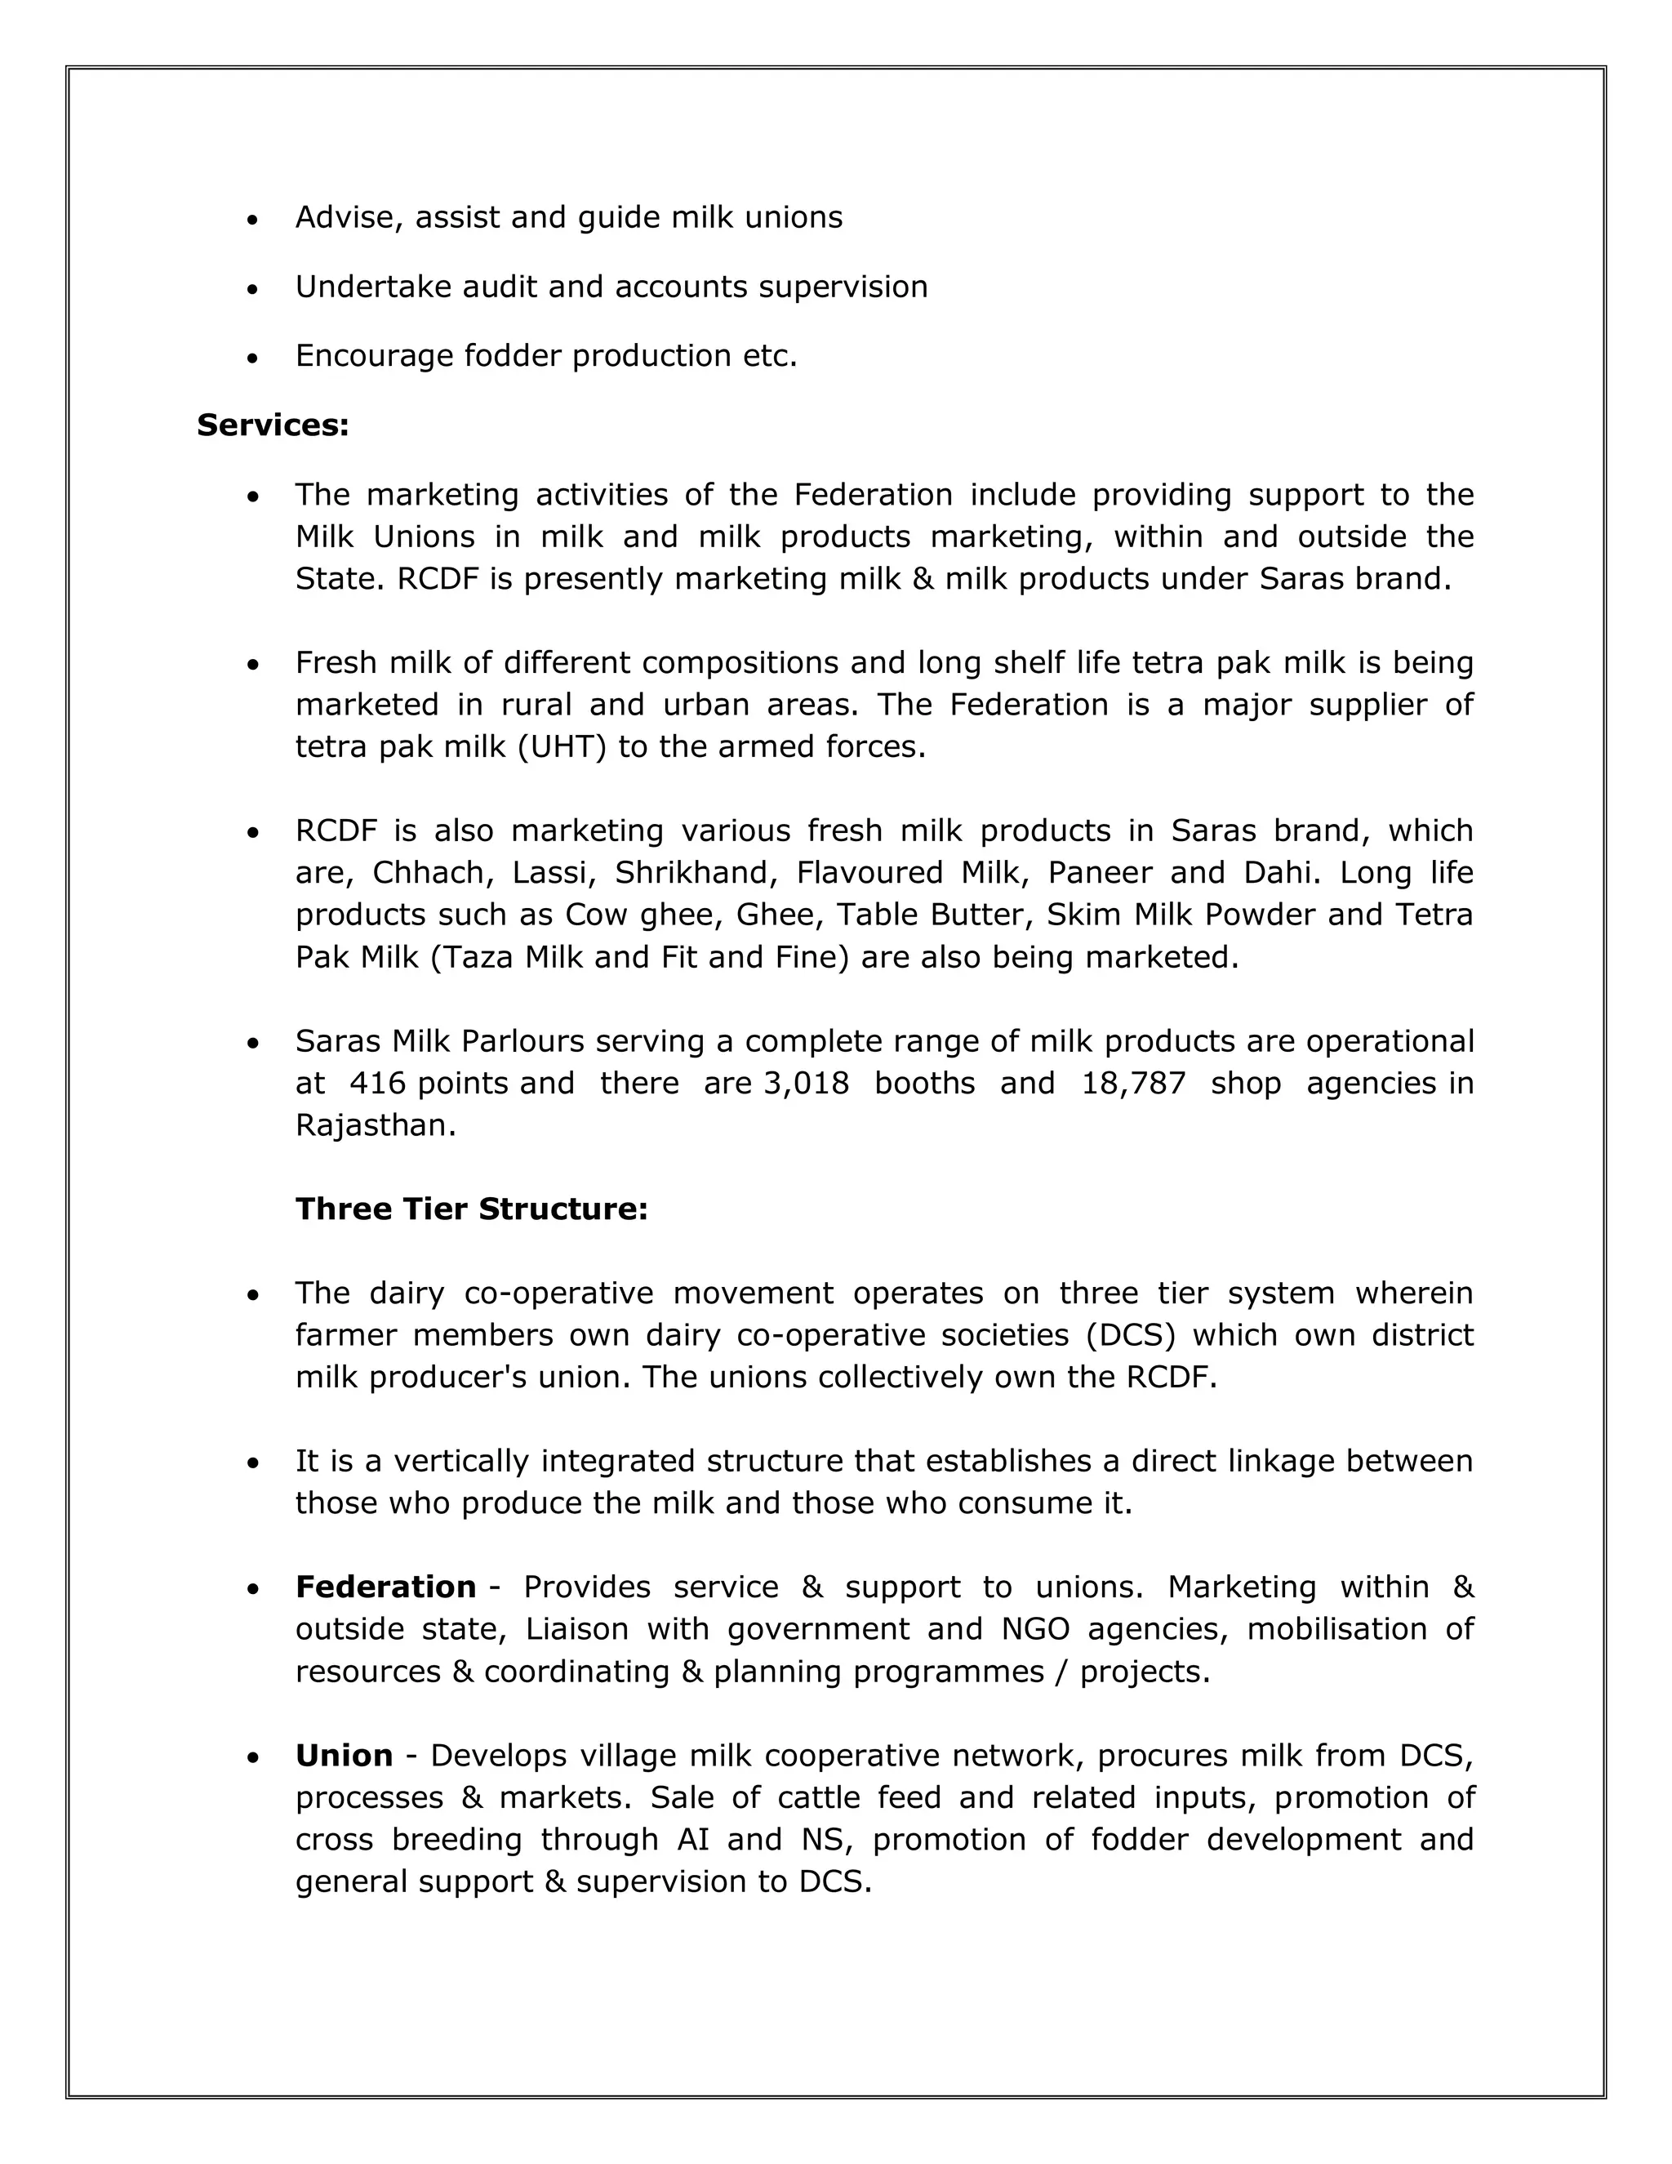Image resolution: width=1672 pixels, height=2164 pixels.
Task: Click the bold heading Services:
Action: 273,425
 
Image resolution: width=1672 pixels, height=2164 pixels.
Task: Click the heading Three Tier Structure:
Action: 472,1210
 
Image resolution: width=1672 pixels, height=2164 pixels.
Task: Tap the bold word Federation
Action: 385,1587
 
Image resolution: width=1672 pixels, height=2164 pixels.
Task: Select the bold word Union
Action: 344,1756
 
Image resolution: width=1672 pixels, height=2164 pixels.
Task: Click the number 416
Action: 377,1084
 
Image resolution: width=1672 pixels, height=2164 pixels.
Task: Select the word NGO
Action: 1032,1630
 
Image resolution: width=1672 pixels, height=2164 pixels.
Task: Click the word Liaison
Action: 576,1630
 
